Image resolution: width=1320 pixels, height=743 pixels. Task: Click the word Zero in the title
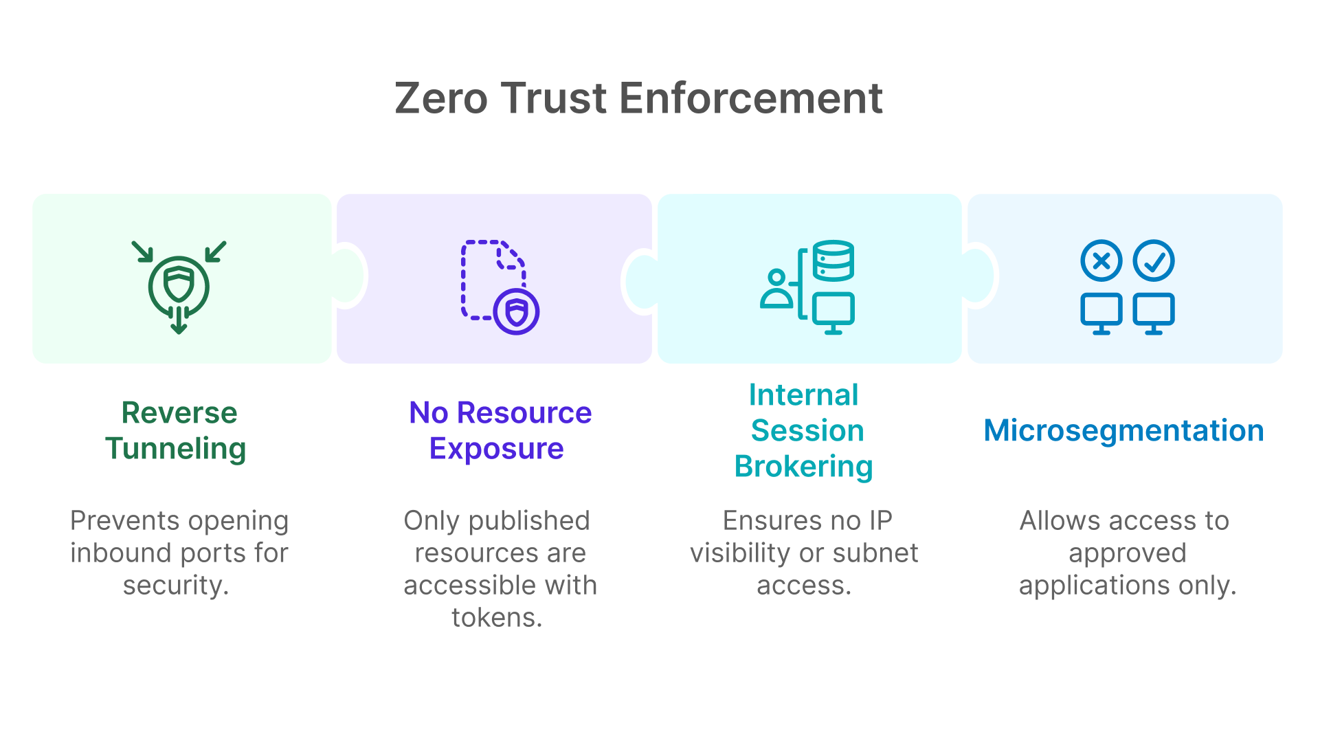coord(441,98)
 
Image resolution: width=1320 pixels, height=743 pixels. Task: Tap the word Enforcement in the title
coord(751,98)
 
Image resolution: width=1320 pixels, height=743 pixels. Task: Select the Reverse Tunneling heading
coord(177,430)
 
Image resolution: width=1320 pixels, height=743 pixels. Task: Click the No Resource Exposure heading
coord(500,430)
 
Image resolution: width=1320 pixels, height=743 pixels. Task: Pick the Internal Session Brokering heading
coord(804,430)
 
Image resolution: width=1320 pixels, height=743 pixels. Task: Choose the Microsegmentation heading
coord(1124,430)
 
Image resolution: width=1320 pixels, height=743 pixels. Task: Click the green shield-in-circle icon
coord(179,285)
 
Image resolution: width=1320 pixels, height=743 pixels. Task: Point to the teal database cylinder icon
coord(834,260)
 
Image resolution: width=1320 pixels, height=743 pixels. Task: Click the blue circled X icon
coord(1101,260)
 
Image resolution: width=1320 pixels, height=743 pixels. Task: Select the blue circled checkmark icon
coord(1154,260)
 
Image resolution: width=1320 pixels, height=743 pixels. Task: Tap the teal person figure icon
coord(776,289)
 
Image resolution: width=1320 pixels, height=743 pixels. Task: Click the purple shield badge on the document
coord(517,312)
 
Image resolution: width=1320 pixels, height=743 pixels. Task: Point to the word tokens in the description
coord(497,618)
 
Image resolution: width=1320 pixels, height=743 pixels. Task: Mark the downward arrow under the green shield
coord(179,320)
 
